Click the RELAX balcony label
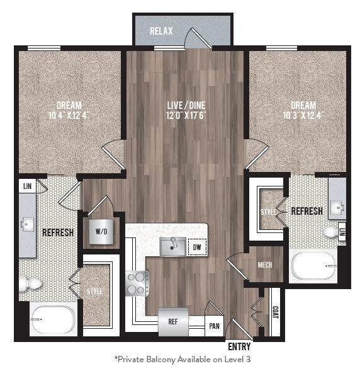tap(161, 31)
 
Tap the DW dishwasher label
tap(197, 248)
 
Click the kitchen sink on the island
tap(171, 246)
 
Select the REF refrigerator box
tap(172, 320)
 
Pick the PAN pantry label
tap(213, 326)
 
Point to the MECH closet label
tap(265, 265)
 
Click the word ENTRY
tap(240, 346)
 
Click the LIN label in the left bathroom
tap(27, 186)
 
